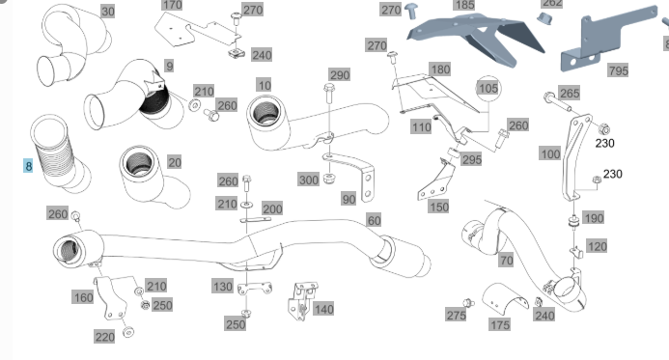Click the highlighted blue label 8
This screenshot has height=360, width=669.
pos(28,166)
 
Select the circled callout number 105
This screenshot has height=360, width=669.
pos(488,88)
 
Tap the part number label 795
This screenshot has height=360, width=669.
pos(618,70)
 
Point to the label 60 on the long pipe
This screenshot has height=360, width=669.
pos(374,220)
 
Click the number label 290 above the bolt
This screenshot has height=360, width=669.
pos(340,75)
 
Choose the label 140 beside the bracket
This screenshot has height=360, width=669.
pos(323,309)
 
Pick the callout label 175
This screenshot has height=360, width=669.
pos(500,325)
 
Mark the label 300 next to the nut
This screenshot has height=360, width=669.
pos(309,180)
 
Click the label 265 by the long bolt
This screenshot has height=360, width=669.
pos(570,93)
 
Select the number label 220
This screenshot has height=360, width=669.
pos(104,337)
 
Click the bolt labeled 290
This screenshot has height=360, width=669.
pos(329,94)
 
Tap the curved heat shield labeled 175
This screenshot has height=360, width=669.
pos(505,295)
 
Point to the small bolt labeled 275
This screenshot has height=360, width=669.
pos(468,303)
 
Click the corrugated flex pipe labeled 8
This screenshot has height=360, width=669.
pos(60,153)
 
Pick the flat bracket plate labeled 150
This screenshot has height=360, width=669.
pos(436,180)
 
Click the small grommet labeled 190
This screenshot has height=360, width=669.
pos(573,222)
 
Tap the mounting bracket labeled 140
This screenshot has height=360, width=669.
pos(301,301)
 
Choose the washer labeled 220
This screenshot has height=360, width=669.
pos(127,332)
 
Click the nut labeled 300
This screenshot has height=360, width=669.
pos(328,179)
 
